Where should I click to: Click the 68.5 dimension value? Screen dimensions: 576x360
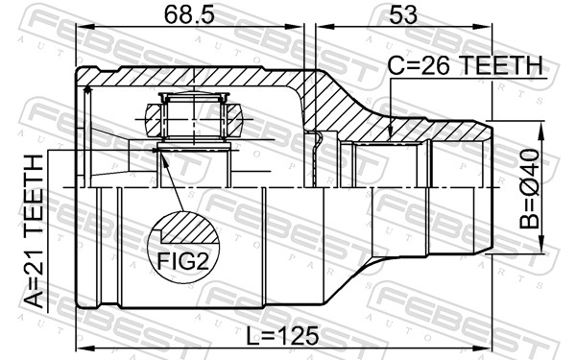(188, 15)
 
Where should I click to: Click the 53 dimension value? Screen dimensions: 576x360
(403, 15)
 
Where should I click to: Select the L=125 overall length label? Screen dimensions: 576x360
(282, 336)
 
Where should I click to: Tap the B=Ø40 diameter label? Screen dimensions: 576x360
(529, 188)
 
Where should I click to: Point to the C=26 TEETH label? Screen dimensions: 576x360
(466, 65)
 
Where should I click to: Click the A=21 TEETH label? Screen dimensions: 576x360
(34, 231)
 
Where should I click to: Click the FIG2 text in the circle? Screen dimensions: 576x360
(183, 261)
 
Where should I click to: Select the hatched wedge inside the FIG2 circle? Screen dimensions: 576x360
(189, 228)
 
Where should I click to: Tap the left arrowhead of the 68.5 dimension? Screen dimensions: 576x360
(85, 27)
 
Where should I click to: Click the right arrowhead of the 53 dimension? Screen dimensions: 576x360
(482, 27)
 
